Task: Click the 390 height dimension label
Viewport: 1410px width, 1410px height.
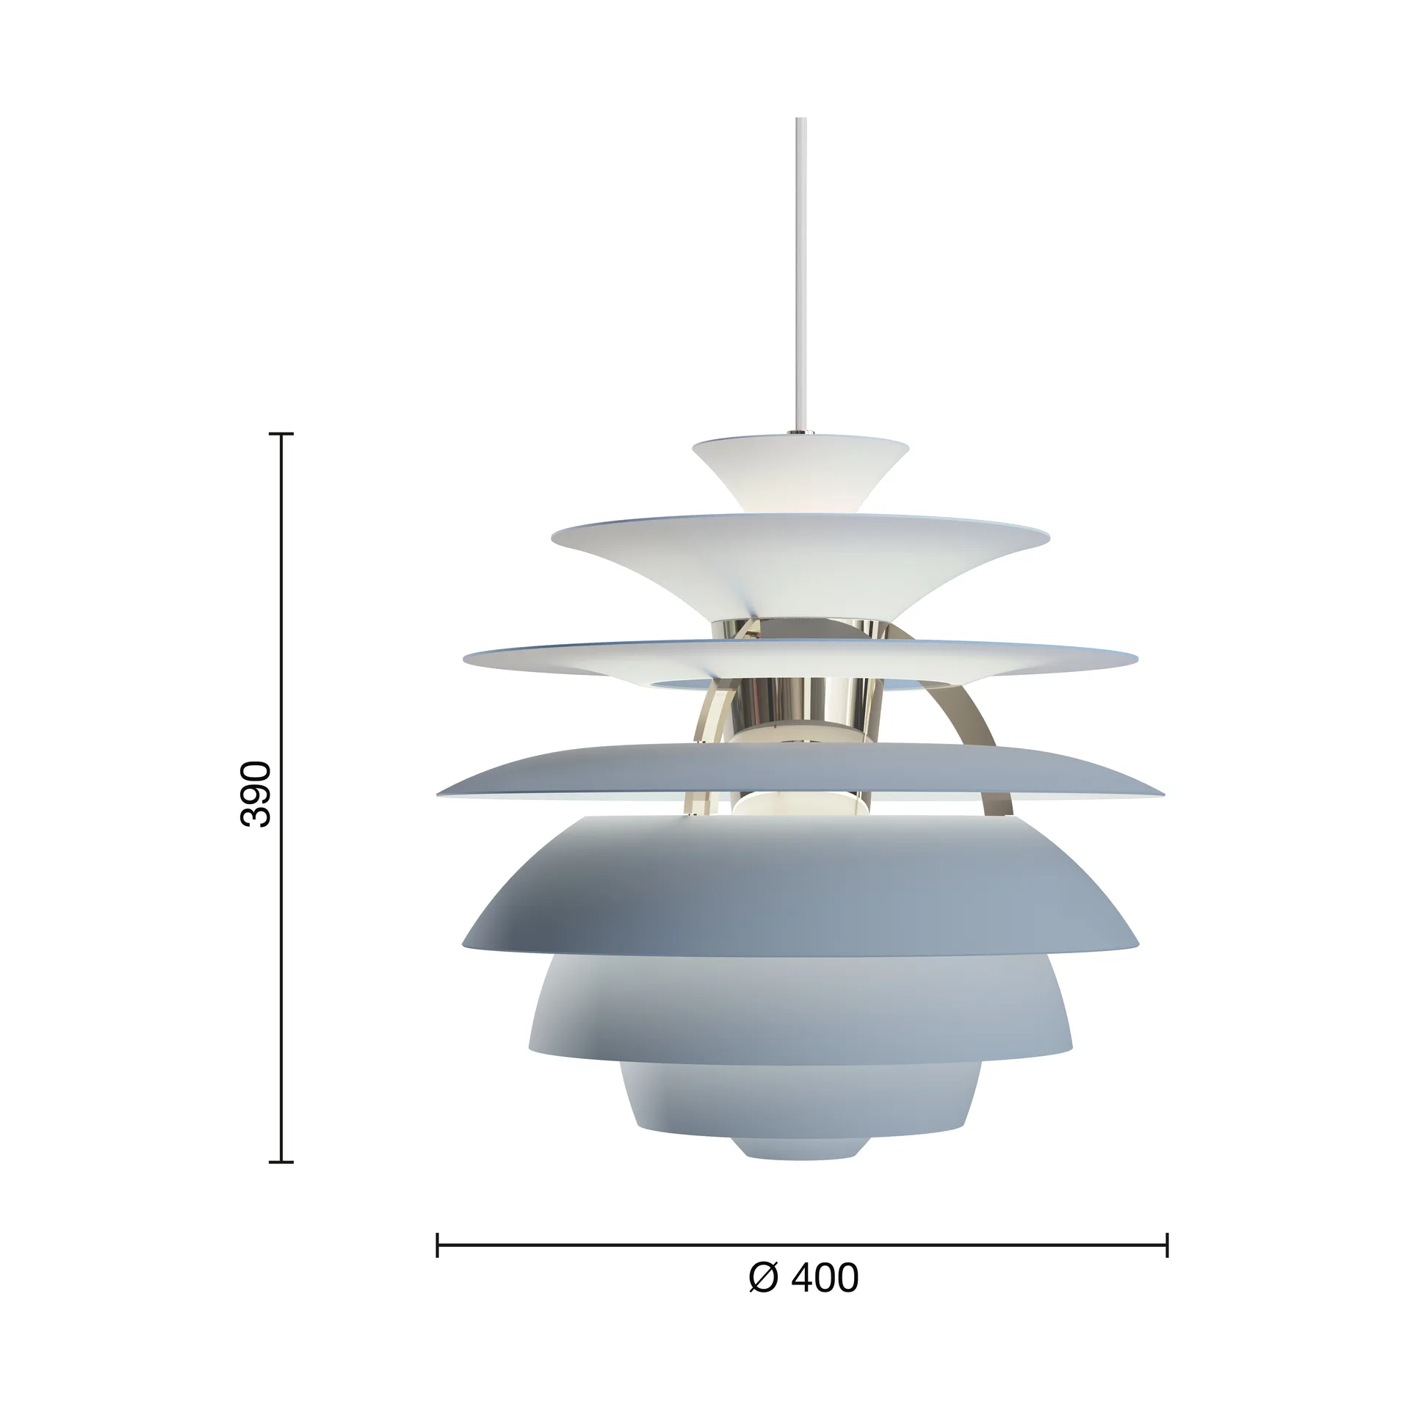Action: coord(256,784)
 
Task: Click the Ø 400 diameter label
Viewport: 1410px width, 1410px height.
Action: coord(803,1298)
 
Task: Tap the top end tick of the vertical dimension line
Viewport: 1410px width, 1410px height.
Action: coord(281,434)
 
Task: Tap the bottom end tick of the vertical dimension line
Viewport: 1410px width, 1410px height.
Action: coord(281,1183)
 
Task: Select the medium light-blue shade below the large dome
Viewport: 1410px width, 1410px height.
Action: coord(800,1013)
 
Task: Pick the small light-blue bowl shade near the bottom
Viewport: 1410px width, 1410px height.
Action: coord(800,1109)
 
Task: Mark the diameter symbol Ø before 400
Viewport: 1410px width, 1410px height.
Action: coord(763,1298)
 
